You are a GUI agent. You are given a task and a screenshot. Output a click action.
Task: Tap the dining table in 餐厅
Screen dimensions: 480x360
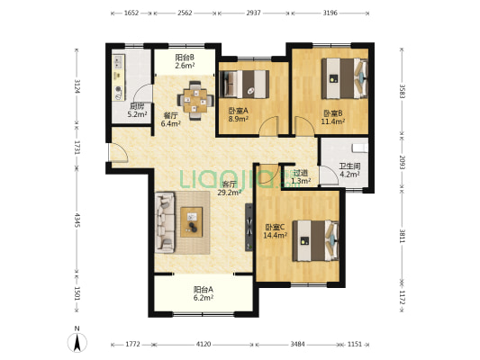point(195,101)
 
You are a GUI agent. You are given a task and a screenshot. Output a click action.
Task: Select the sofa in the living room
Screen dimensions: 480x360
point(165,222)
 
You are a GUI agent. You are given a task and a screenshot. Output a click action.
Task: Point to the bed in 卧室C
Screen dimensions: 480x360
point(316,240)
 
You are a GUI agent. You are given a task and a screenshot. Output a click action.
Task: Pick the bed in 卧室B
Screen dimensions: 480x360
point(344,78)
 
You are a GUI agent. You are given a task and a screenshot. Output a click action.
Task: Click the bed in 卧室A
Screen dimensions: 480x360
point(244,85)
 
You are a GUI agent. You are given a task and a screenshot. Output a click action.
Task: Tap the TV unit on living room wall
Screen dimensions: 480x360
point(249,228)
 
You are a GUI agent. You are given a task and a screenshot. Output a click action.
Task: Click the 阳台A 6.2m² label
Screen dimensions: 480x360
point(204,293)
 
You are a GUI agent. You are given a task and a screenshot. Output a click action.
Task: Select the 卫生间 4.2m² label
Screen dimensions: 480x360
point(349,170)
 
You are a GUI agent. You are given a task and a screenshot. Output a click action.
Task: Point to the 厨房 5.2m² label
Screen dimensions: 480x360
point(137,111)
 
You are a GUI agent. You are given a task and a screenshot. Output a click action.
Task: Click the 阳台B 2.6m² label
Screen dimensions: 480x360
point(185,61)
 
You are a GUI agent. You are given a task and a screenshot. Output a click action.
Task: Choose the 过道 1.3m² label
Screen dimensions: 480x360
point(301,176)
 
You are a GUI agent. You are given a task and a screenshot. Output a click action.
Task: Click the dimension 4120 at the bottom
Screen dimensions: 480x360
point(204,345)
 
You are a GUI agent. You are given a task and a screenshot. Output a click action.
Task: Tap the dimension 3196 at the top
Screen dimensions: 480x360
point(330,13)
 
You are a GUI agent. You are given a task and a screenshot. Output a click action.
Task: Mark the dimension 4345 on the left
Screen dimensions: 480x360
point(77,220)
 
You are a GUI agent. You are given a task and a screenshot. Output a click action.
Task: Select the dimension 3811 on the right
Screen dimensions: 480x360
point(403,236)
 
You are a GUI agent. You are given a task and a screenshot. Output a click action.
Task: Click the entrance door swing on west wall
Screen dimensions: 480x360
point(119,152)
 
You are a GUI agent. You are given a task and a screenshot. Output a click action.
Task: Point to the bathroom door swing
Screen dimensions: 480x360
point(329,175)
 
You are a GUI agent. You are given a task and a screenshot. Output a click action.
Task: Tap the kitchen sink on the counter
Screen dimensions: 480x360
point(118,62)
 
